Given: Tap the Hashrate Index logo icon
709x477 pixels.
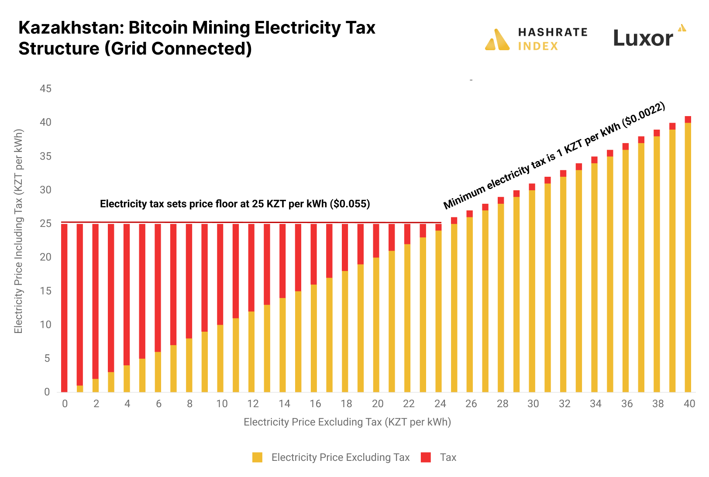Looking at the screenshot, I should pyautogui.click(x=497, y=40).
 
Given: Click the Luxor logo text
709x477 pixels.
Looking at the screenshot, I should pyautogui.click(x=643, y=38).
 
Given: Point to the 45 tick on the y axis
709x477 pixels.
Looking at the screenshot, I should pyautogui.click(x=45, y=89).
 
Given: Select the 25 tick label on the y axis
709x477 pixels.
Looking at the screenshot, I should pyautogui.click(x=45, y=224).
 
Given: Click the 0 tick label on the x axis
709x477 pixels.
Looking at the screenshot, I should pyautogui.click(x=65, y=404).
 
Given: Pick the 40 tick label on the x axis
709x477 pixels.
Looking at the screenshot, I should pyautogui.click(x=689, y=404).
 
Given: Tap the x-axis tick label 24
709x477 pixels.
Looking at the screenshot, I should pyautogui.click(x=440, y=404).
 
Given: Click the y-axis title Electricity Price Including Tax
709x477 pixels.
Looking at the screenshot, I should pyautogui.click(x=18, y=231).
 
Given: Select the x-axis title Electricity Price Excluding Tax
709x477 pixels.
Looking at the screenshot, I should pyautogui.click(x=347, y=422).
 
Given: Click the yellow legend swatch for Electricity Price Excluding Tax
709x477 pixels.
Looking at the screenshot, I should pyautogui.click(x=258, y=457).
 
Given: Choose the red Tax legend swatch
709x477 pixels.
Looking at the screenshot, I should pyautogui.click(x=426, y=457).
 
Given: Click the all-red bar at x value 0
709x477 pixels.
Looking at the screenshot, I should pyautogui.click(x=64, y=308).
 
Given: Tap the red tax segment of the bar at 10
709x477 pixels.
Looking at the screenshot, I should pyautogui.click(x=220, y=274).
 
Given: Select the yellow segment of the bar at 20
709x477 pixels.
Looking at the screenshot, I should pyautogui.click(x=376, y=325).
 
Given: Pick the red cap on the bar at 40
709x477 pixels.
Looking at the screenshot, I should pyautogui.click(x=688, y=120).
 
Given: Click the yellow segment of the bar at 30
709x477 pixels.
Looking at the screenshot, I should pyautogui.click(x=532, y=291).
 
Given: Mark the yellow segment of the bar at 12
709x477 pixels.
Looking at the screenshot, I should pyautogui.click(x=251, y=351).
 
